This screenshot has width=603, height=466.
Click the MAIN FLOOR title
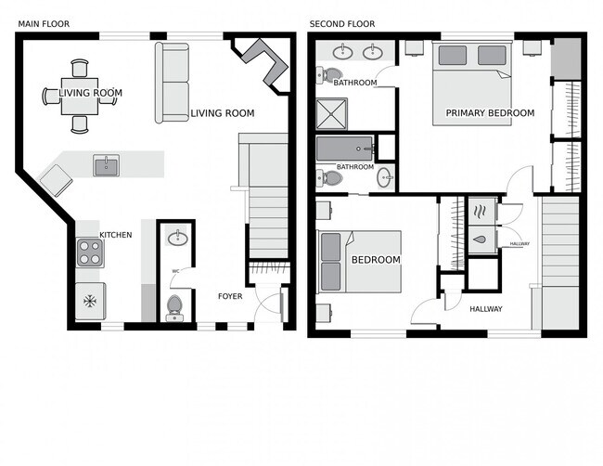point(44,24)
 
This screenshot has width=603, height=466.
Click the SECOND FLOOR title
point(342,24)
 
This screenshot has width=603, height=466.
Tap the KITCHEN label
point(116,235)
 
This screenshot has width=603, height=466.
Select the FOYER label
point(230,296)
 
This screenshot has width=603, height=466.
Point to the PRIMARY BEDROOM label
point(490,113)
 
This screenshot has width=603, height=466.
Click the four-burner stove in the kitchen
point(90,252)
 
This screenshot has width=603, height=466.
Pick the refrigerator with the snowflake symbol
point(90,301)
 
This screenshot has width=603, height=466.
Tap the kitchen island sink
point(106,165)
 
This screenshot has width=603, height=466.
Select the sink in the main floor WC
point(178,237)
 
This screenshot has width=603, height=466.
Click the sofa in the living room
point(173,84)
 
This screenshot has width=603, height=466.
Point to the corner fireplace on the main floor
point(265,61)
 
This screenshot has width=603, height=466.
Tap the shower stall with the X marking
point(331,113)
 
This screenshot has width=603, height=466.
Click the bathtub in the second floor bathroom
point(345,149)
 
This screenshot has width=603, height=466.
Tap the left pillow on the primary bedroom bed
point(453,56)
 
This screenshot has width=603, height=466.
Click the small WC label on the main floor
point(175,271)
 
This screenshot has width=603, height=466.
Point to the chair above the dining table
point(80,69)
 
